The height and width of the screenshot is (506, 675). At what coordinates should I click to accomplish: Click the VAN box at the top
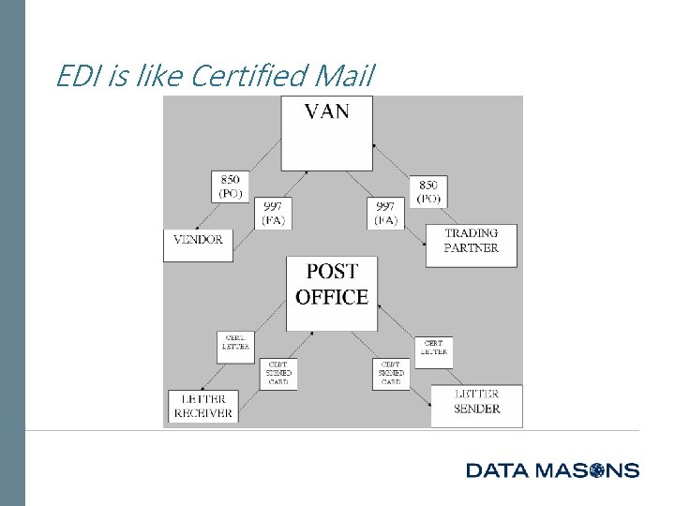coord(326,131)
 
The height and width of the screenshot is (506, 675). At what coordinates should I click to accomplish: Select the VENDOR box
coord(198,244)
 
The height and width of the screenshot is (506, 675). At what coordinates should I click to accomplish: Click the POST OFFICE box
coord(332,291)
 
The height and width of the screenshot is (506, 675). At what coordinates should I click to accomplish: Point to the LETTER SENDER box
coord(476,406)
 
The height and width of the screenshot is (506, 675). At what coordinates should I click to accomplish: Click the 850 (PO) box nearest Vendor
coord(231,186)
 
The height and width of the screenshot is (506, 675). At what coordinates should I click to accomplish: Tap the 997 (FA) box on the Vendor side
coord(273,214)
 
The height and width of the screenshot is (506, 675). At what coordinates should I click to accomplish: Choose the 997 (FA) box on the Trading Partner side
coord(385,214)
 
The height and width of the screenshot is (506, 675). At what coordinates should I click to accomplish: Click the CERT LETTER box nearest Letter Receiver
coord(234,347)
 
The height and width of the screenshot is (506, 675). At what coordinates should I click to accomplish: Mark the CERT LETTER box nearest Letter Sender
coord(432,352)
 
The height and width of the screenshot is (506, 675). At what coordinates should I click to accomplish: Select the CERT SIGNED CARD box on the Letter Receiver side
coord(278,373)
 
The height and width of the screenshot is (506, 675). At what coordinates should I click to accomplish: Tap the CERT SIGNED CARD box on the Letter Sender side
coord(391,373)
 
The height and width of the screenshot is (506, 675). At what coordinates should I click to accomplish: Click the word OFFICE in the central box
coord(332,299)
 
